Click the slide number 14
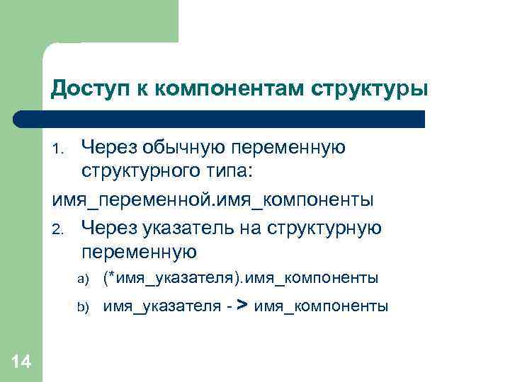click(x=21, y=361)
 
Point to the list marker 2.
click(x=59, y=228)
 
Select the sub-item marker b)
click(x=81, y=307)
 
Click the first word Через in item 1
click(x=109, y=148)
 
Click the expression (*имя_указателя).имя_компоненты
click(x=241, y=279)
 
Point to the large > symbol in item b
click(x=242, y=305)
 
